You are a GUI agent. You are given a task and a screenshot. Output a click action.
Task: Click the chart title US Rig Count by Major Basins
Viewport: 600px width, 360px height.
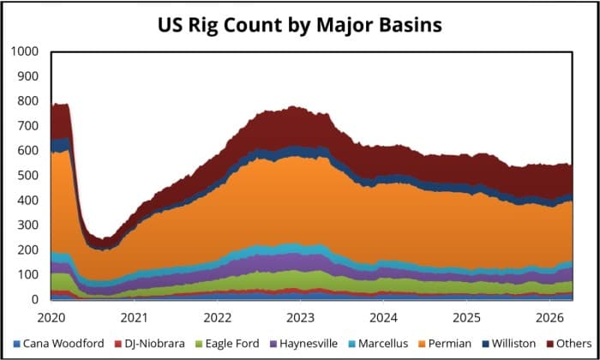299,25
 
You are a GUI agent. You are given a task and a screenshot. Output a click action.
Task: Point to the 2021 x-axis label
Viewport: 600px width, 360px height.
134,316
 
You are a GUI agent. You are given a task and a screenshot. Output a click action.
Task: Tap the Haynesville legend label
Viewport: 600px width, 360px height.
300,344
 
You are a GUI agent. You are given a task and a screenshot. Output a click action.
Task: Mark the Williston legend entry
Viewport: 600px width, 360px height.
502,344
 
